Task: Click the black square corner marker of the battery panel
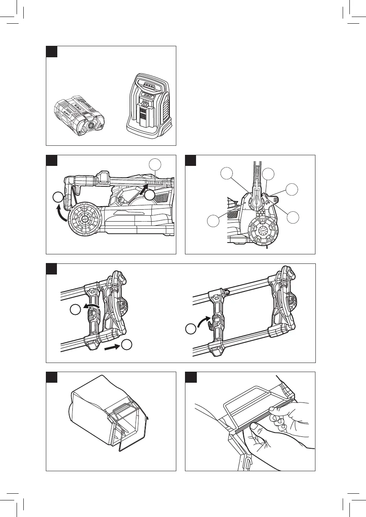tap(52, 51)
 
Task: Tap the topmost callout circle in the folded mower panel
tap(155, 165)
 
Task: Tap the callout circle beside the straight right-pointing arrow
tap(127, 344)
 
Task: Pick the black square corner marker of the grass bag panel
tap(52, 377)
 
